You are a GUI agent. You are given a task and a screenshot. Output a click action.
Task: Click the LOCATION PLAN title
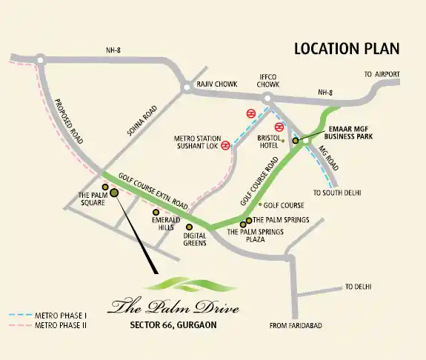pyautogui.click(x=347, y=49)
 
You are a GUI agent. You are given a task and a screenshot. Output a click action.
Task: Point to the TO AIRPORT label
pyautogui.click(x=382, y=75)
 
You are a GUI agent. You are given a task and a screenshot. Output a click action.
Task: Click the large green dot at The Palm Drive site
pyautogui.click(x=114, y=193)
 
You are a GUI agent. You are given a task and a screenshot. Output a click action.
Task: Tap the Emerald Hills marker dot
pyautogui.click(x=156, y=212)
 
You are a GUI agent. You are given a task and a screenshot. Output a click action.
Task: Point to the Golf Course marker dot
pyautogui.click(x=260, y=204)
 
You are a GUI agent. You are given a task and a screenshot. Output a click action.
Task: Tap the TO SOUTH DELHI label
pyautogui.click(x=338, y=193)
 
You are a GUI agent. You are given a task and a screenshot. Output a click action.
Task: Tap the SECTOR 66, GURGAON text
pyautogui.click(x=170, y=324)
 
